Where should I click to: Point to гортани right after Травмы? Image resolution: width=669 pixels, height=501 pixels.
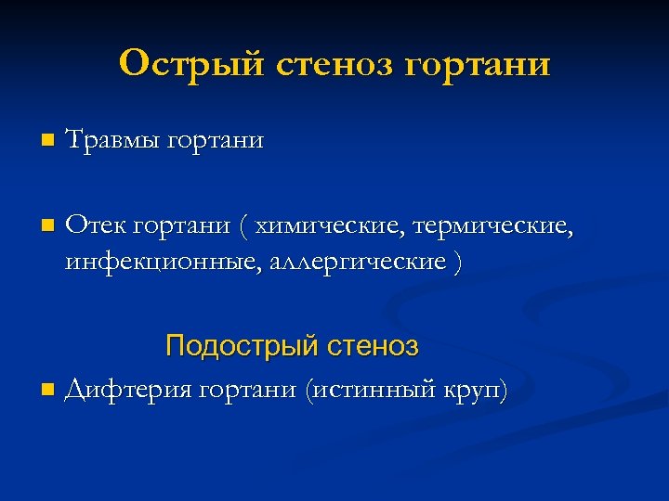coord(213,143)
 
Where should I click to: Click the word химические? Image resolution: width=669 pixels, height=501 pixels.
coord(324,226)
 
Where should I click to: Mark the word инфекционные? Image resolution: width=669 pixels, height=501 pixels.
coord(163,263)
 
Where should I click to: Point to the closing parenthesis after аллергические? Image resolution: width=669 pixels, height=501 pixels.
coord(454,263)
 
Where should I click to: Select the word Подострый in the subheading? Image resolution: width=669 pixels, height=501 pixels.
coord(241,347)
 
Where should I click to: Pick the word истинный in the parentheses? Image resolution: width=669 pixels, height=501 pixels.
coord(381,389)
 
